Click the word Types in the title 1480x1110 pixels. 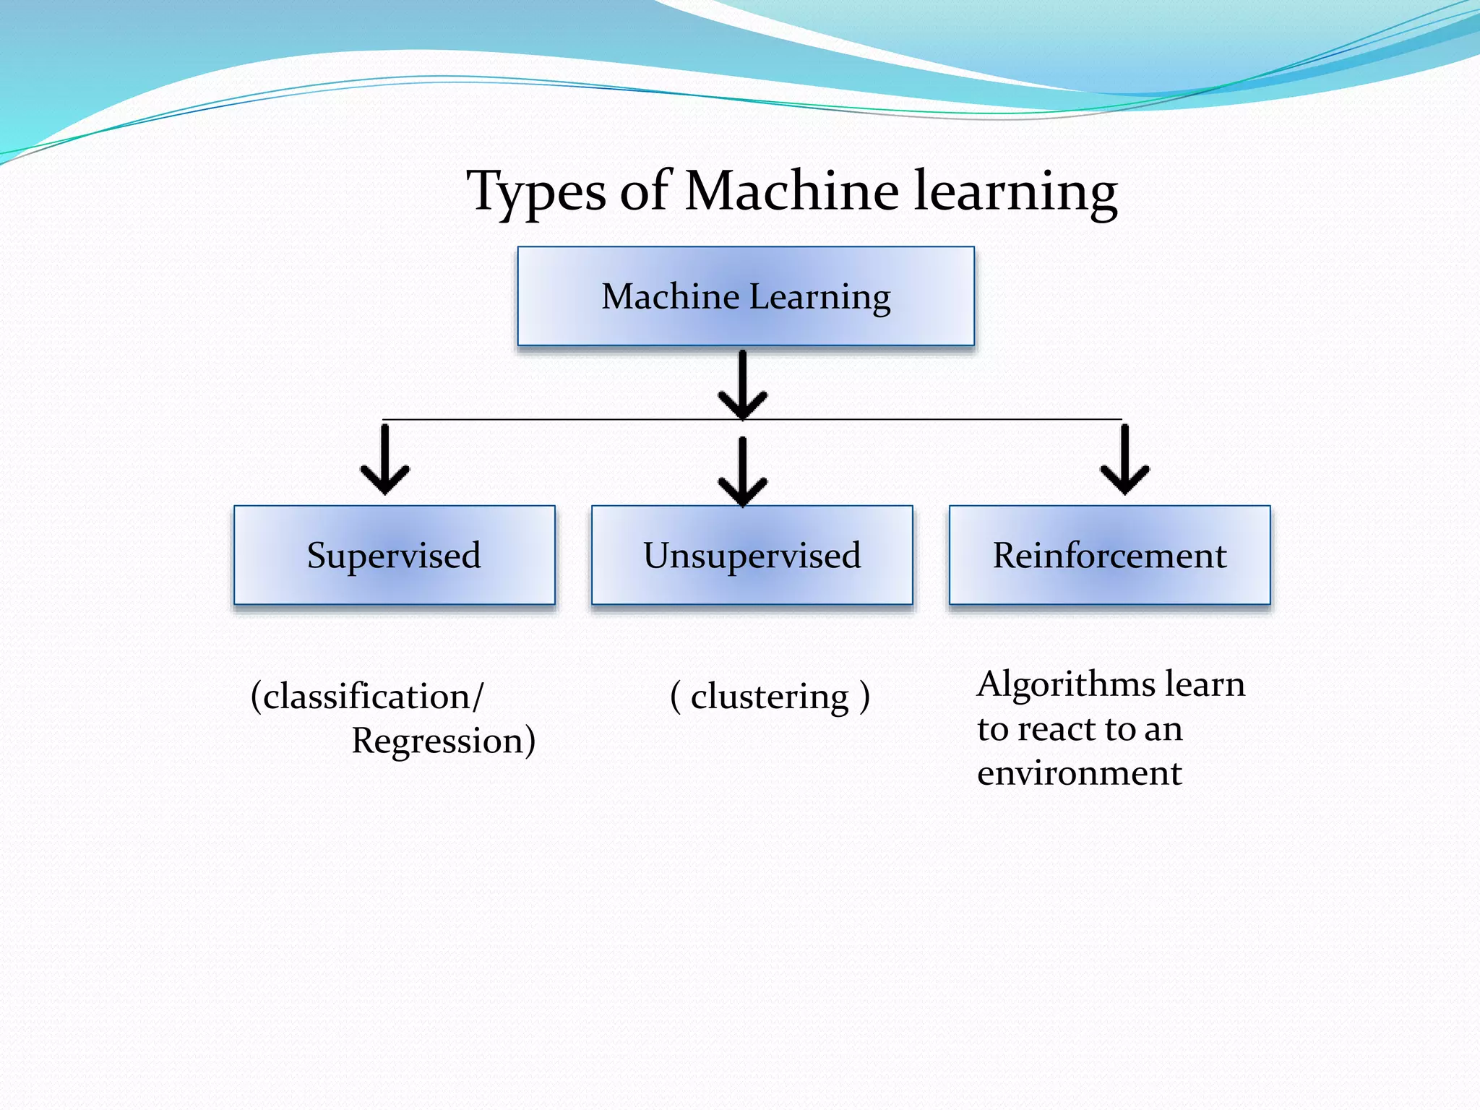coord(536,192)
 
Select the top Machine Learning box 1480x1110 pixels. coord(746,296)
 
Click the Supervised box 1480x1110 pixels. coord(394,555)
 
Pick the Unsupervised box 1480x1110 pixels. coord(752,555)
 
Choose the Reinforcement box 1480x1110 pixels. coord(1109,555)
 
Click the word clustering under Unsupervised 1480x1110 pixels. coord(770,697)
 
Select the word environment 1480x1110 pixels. coord(1079,773)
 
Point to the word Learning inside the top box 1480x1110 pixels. coord(819,297)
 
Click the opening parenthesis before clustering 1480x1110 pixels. coord(676,697)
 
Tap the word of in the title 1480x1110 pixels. coord(645,192)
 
